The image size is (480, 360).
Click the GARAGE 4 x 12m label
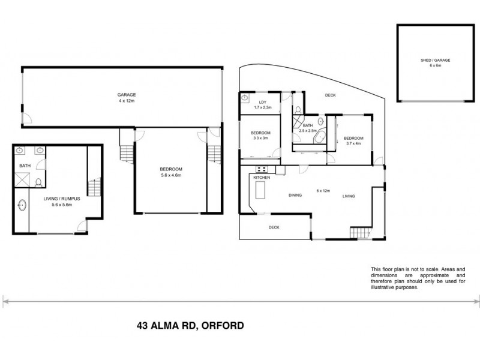click(127, 98)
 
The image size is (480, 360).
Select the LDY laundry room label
click(262, 103)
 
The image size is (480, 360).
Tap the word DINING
click(295, 196)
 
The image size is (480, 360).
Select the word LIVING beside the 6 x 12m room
click(349, 196)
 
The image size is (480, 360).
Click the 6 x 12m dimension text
click(323, 191)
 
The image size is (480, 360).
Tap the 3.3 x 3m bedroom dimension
click(260, 137)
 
